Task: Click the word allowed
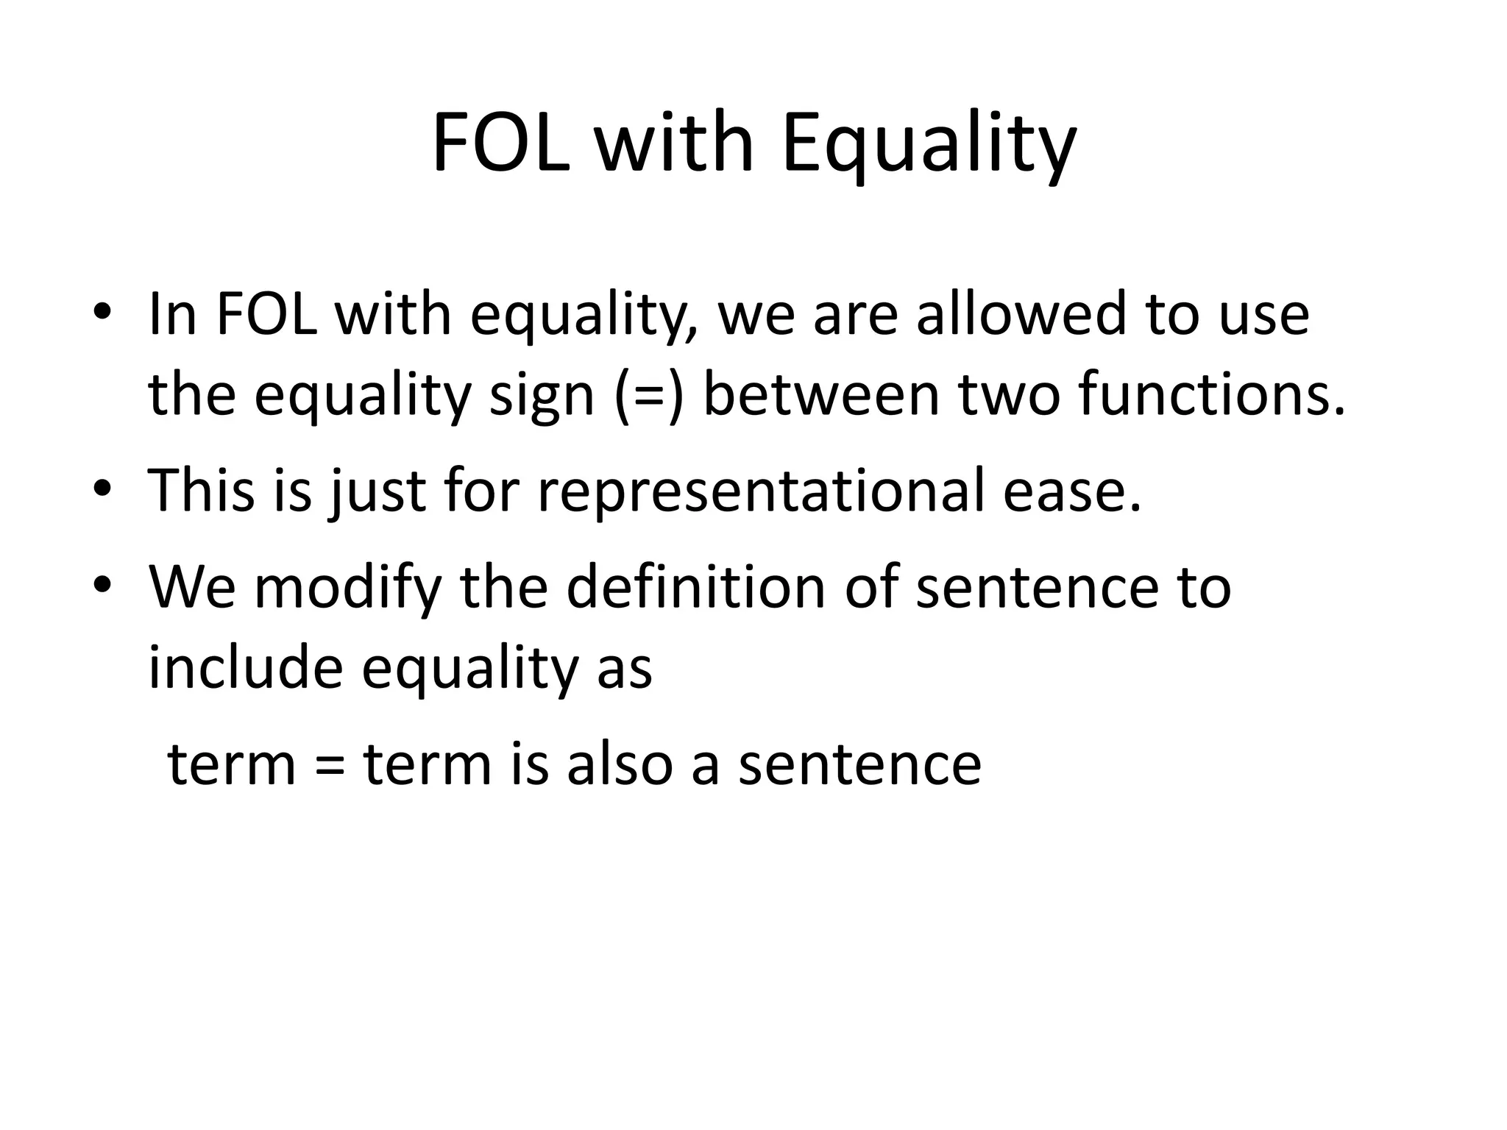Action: tap(1021, 315)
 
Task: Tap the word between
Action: tap(821, 396)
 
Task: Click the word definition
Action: tap(695, 588)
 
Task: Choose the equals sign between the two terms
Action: tap(329, 765)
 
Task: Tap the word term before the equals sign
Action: tap(232, 765)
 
